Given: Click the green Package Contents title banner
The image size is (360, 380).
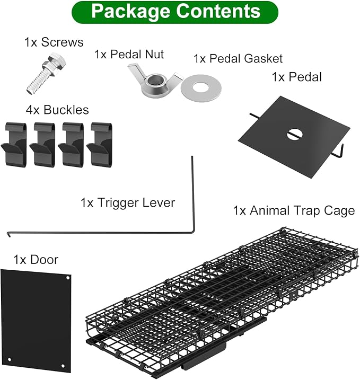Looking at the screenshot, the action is [175, 12].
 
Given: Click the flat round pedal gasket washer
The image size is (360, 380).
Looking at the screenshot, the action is [201, 88].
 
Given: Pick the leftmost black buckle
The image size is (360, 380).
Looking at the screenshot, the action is [14, 145].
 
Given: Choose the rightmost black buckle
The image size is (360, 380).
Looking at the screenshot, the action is [100, 145].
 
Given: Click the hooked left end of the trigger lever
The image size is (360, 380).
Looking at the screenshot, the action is [8, 234].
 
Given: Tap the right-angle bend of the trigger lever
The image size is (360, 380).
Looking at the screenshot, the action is [193, 232].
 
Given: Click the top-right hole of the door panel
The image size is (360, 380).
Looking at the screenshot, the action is [68, 278].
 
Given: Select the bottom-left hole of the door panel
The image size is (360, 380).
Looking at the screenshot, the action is [10, 359].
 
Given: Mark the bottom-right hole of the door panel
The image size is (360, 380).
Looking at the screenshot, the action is [63, 366].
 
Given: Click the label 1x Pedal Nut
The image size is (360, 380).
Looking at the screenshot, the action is [129, 54].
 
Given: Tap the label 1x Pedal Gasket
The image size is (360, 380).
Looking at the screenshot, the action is [238, 59].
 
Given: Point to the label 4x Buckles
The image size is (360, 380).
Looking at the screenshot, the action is [57, 110].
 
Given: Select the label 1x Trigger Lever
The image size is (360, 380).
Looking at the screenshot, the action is [128, 203].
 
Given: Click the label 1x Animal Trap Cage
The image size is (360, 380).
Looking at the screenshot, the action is [294, 210].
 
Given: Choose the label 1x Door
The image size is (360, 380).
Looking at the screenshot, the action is [36, 260].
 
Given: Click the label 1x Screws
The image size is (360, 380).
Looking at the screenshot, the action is [54, 42].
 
